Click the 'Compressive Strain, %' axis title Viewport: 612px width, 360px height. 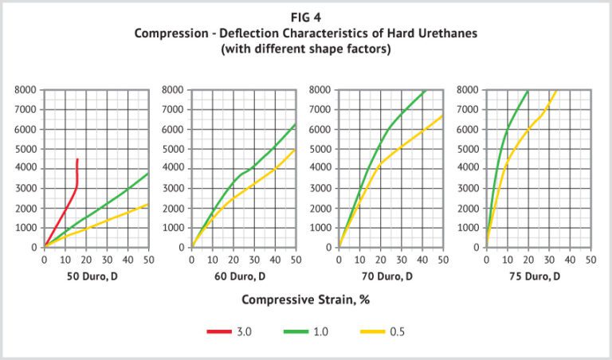306,300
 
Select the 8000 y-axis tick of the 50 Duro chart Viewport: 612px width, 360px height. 25,90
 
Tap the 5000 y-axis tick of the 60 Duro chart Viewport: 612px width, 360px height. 173,149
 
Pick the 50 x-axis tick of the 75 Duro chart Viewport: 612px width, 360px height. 590,259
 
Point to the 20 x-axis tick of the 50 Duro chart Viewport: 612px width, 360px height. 86,259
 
